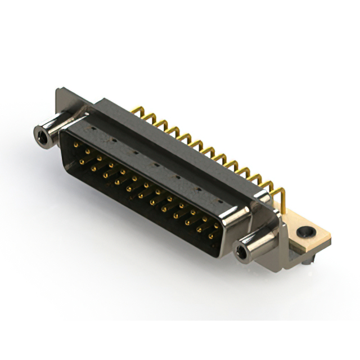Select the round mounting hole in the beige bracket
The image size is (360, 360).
(x=305, y=231)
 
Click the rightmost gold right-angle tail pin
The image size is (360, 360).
(x=281, y=194)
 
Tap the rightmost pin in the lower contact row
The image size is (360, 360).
(x=211, y=237)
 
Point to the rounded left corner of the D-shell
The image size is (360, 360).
(x=64, y=135)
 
